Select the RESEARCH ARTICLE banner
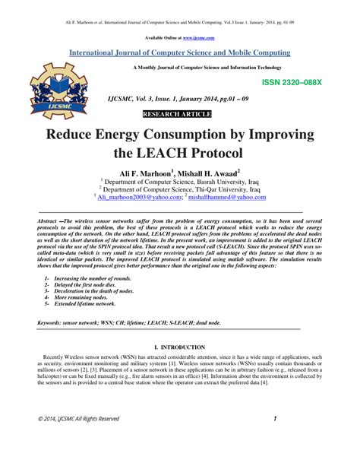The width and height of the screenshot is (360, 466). (180, 114)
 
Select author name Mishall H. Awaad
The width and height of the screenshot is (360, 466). (215, 173)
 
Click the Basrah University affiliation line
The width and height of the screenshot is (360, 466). (181, 182)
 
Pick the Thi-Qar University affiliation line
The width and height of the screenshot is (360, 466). (181, 189)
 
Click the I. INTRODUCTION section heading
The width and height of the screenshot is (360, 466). (179, 346)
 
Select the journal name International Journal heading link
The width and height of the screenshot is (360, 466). (180, 52)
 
